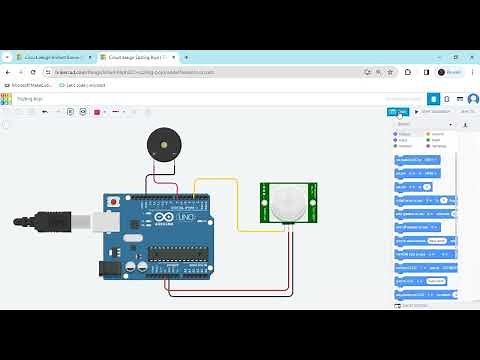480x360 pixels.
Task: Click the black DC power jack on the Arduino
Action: (108, 268)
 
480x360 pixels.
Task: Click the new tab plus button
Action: (186, 58)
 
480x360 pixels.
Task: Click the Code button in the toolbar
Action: (398, 112)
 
